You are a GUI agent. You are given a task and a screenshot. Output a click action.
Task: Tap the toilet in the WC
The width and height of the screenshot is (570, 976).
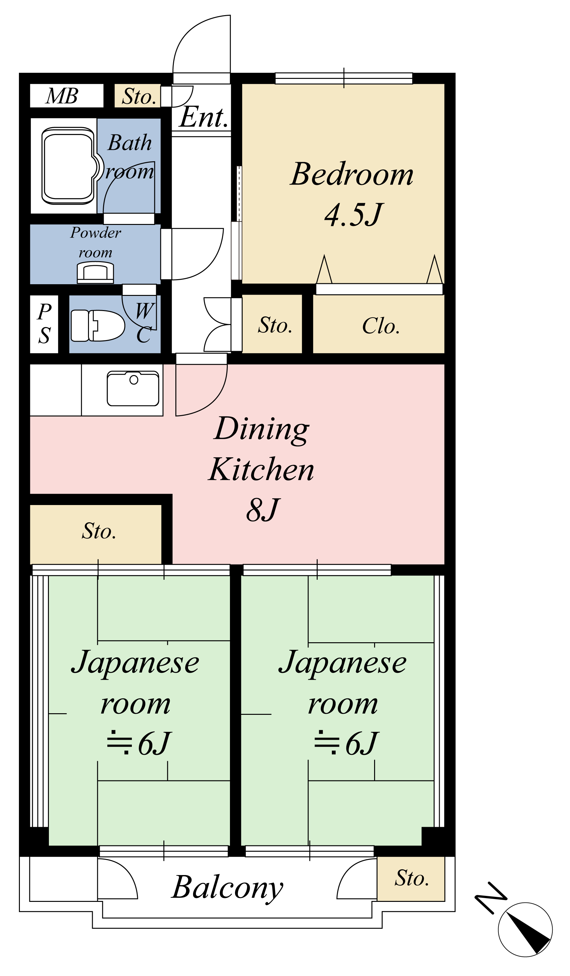(97, 325)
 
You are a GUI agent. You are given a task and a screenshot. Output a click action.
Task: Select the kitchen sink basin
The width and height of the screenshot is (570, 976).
(133, 388)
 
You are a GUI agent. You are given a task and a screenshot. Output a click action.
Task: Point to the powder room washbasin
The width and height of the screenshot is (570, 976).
(95, 272)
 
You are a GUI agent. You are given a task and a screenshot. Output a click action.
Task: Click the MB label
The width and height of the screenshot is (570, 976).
(62, 96)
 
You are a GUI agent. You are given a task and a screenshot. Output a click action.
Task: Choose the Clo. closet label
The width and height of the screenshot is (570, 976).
(381, 326)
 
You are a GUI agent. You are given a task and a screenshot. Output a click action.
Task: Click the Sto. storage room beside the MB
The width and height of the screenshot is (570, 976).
(138, 96)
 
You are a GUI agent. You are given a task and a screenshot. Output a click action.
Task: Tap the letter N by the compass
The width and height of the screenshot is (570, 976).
(491, 898)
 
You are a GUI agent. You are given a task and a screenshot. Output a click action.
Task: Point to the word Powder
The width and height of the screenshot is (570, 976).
(96, 232)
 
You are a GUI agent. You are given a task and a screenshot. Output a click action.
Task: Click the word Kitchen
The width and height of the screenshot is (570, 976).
(261, 469)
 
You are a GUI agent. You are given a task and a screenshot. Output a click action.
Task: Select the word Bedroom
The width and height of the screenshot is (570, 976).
(352, 174)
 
